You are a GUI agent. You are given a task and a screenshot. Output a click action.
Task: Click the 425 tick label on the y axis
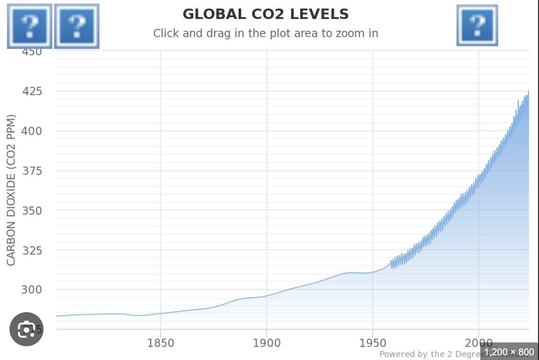coord(32,91)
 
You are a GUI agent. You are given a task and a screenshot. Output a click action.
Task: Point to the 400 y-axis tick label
coord(32,131)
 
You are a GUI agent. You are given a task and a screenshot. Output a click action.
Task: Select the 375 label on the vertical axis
coord(32,171)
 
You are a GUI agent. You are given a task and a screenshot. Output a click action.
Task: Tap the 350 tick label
coord(32,210)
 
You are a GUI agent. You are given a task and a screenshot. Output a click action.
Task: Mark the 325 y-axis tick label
coord(32,250)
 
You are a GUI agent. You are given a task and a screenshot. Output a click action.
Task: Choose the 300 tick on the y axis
coord(32,289)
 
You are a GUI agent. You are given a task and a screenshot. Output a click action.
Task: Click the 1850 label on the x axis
coord(161,342)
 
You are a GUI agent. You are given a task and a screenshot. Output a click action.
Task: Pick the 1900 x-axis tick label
coord(267,342)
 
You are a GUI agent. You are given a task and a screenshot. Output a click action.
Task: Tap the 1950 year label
coord(373,342)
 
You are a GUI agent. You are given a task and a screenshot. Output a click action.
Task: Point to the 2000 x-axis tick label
coord(478,342)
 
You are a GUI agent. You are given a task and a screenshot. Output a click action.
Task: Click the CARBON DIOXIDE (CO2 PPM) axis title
coord(11,190)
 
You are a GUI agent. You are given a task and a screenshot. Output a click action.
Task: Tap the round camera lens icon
coord(27,329)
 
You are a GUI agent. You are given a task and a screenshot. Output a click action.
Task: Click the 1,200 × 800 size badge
coord(509,352)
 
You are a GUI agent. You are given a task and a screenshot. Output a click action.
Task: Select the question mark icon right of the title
coord(477,25)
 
